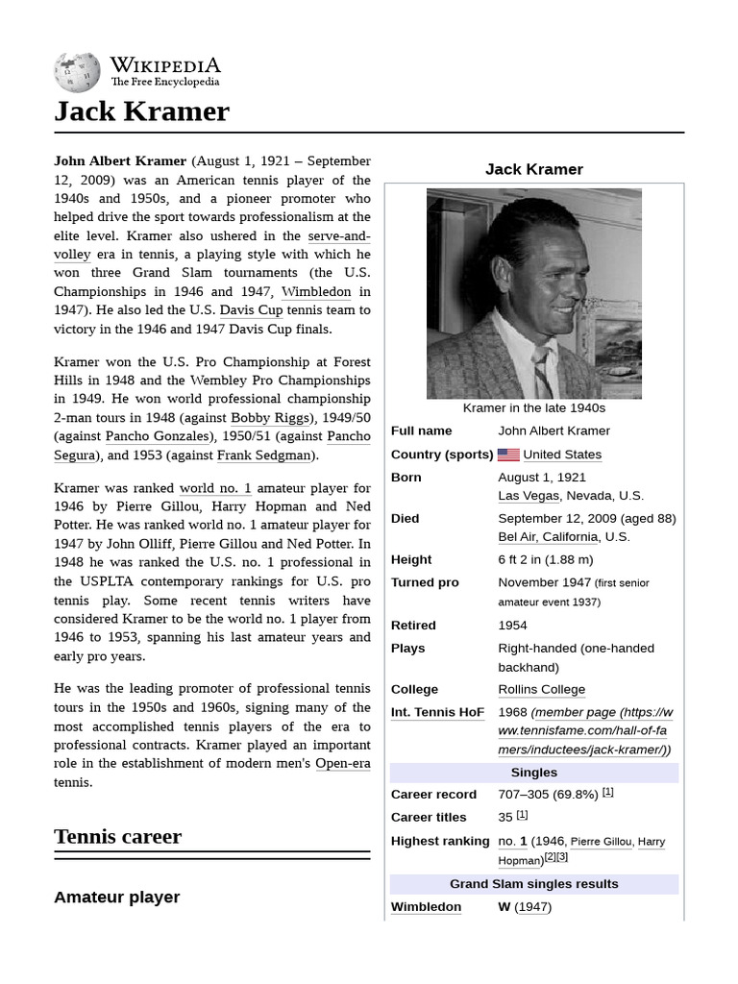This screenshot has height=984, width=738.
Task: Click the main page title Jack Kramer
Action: (141, 111)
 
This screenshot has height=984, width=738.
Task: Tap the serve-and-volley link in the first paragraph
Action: (339, 236)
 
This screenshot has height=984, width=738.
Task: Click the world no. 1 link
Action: (215, 488)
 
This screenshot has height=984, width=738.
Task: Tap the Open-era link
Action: (343, 764)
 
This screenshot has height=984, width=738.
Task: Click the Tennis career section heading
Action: (117, 836)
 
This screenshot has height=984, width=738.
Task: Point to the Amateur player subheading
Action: (116, 898)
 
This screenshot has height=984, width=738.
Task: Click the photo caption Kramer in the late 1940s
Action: (533, 407)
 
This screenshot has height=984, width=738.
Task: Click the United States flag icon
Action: (508, 455)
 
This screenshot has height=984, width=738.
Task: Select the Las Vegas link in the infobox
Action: (528, 496)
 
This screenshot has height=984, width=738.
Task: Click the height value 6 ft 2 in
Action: (545, 559)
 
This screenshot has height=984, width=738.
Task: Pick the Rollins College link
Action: (541, 690)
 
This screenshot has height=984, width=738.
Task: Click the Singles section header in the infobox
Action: (533, 773)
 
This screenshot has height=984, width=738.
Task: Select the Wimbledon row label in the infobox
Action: (426, 907)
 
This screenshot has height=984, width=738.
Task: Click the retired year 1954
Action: (512, 626)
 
